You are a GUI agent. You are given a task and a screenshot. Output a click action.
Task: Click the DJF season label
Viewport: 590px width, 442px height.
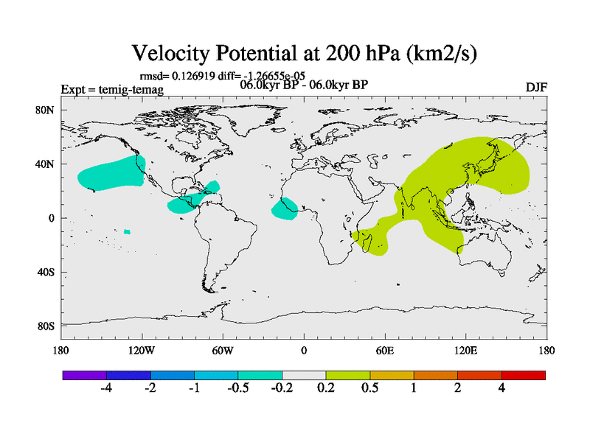(x=535, y=88)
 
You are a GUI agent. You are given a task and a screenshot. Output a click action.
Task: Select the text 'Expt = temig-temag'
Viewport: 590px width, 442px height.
(x=112, y=90)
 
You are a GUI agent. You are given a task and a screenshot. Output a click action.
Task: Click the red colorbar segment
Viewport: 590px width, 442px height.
(x=524, y=375)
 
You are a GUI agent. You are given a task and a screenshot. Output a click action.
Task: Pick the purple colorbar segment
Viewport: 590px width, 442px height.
(x=85, y=375)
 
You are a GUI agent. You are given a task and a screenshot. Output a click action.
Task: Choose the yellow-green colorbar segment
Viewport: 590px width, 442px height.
(x=348, y=375)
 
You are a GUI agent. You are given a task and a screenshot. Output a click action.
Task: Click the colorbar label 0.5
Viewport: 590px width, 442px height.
(x=370, y=389)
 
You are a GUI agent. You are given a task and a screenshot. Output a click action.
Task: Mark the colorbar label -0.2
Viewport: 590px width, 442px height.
(x=282, y=389)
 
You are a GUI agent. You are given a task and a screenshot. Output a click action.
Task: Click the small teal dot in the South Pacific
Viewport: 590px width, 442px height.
(x=127, y=232)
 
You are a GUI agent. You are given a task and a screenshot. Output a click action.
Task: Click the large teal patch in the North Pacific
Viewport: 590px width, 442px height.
(x=111, y=172)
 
